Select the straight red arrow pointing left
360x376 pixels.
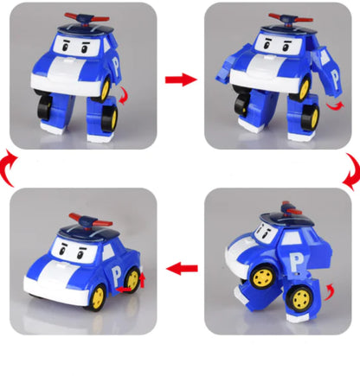point(180,269)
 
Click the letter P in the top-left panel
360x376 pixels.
point(127,62)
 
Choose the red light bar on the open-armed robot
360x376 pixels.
point(279,16)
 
